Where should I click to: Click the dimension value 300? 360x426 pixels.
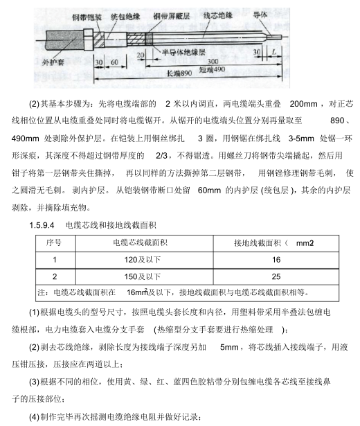click(x=203, y=62)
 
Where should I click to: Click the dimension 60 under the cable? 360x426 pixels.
click(x=114, y=62)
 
